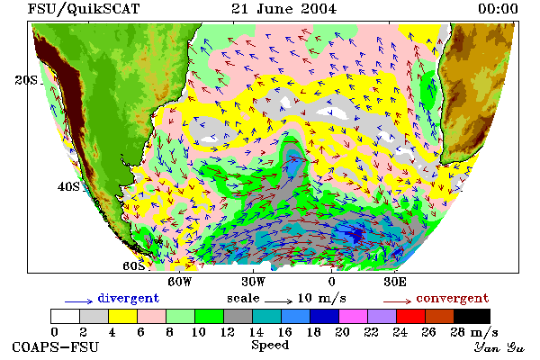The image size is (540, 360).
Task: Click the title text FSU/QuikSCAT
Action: pos(84,9)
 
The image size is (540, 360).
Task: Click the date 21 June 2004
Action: pos(283,9)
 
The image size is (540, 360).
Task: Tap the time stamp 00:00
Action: pos(498,9)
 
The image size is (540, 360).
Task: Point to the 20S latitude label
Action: pos(26,80)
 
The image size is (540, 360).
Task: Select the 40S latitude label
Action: pos(68,187)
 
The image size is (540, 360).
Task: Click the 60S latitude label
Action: pos(134,266)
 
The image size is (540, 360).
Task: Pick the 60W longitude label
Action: pos(180,282)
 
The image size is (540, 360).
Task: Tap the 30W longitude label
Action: pos(254,282)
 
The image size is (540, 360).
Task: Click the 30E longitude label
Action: pos(395,282)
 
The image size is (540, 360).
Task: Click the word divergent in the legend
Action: pos(129,298)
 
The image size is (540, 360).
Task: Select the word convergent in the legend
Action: pos(453,298)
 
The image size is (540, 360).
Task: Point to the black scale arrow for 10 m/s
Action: pos(279,301)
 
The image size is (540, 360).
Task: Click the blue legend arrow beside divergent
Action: pos(79,301)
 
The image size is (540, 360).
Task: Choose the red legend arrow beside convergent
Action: pos(397,301)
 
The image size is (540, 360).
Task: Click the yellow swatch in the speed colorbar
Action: pos(123,316)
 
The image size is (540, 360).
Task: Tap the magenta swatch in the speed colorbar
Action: pos(354,316)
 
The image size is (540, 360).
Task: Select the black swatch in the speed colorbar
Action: pos(472,316)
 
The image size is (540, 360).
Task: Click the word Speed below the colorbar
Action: pos(270,346)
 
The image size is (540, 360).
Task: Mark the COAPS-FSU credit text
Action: pos(56,346)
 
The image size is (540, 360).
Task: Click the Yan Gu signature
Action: pos(499,347)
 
